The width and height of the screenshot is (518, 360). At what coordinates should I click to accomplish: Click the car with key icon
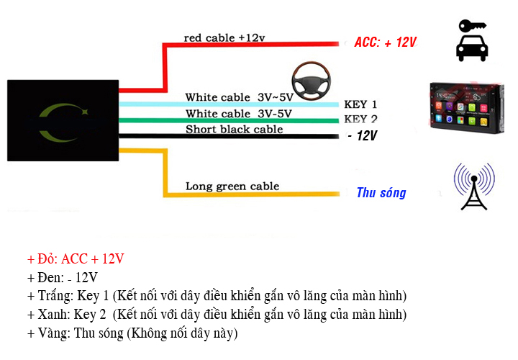pyautogui.click(x=472, y=40)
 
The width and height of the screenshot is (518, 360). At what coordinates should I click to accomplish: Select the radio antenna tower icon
pyautogui.click(x=473, y=186)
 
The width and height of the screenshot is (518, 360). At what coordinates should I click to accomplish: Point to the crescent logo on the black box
pyautogui.click(x=63, y=123)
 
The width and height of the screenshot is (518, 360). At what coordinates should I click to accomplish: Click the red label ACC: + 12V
pyautogui.click(x=386, y=42)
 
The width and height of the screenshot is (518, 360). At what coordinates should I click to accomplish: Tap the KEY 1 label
pyautogui.click(x=360, y=104)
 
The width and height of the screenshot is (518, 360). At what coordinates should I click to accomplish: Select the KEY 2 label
pyautogui.click(x=360, y=120)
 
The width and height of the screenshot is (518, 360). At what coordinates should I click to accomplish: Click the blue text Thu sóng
pyautogui.click(x=381, y=193)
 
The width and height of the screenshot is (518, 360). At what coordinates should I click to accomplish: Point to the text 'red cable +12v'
pyautogui.click(x=224, y=37)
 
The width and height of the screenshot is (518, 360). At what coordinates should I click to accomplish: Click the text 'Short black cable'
pyautogui.click(x=235, y=130)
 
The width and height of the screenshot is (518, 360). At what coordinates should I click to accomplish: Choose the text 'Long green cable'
pyautogui.click(x=232, y=186)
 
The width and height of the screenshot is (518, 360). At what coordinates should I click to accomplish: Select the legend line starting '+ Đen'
pyautogui.click(x=63, y=278)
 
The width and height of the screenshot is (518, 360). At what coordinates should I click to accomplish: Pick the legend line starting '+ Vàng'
pyautogui.click(x=132, y=334)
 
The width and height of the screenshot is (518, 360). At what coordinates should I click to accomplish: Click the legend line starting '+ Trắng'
pyautogui.click(x=217, y=297)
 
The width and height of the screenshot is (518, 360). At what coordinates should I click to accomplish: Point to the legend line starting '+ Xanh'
pyautogui.click(x=217, y=315)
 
